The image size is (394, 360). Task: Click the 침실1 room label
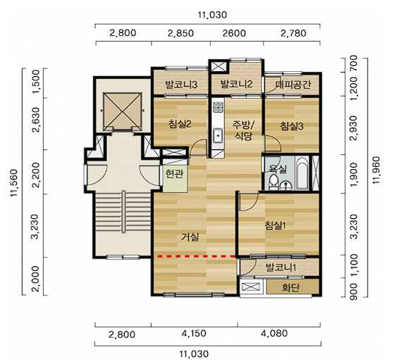pyautogui.click(x=276, y=225)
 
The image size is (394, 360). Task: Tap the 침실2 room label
pyautogui.click(x=180, y=124)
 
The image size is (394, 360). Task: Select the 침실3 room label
pyautogui.click(x=292, y=126)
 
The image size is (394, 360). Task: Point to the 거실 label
pyautogui.click(x=190, y=237)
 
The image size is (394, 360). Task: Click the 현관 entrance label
pyautogui.click(x=174, y=173)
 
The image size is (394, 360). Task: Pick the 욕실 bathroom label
pyautogui.click(x=278, y=168)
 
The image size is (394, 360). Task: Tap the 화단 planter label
pyautogui.click(x=290, y=287)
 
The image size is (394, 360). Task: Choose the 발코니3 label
pyautogui.click(x=181, y=85)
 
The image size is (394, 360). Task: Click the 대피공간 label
pyautogui.click(x=293, y=85)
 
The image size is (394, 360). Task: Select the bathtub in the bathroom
pyautogui.click(x=302, y=173)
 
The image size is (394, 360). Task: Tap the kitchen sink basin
pyautogui.click(x=218, y=135)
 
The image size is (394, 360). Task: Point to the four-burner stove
pyautogui.click(x=218, y=107)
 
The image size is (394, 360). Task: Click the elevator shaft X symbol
pyautogui.click(x=122, y=111)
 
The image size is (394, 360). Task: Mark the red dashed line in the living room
pyautogui.click(x=197, y=256)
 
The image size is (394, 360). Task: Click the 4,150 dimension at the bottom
pyautogui.click(x=195, y=333)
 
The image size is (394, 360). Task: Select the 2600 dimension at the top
pyautogui.click(x=234, y=33)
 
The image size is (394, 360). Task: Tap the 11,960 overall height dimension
pyautogui.click(x=376, y=170)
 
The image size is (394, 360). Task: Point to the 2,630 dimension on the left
pyautogui.click(x=36, y=120)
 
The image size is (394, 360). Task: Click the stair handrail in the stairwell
pyautogui.click(x=123, y=212)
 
